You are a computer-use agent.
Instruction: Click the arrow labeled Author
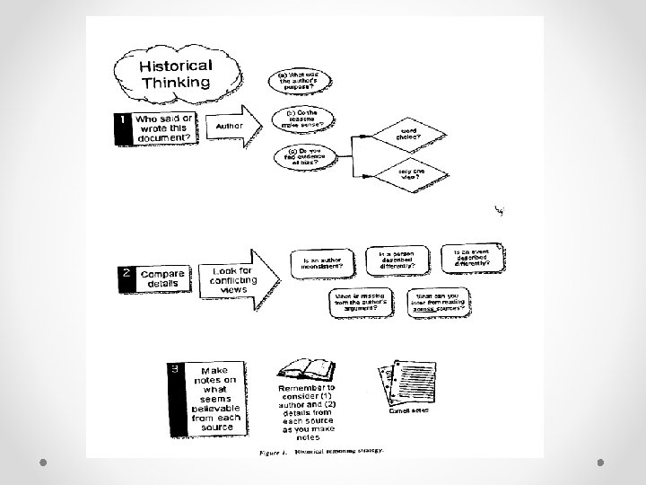(235, 128)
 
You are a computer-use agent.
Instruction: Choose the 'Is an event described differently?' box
(476, 257)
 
